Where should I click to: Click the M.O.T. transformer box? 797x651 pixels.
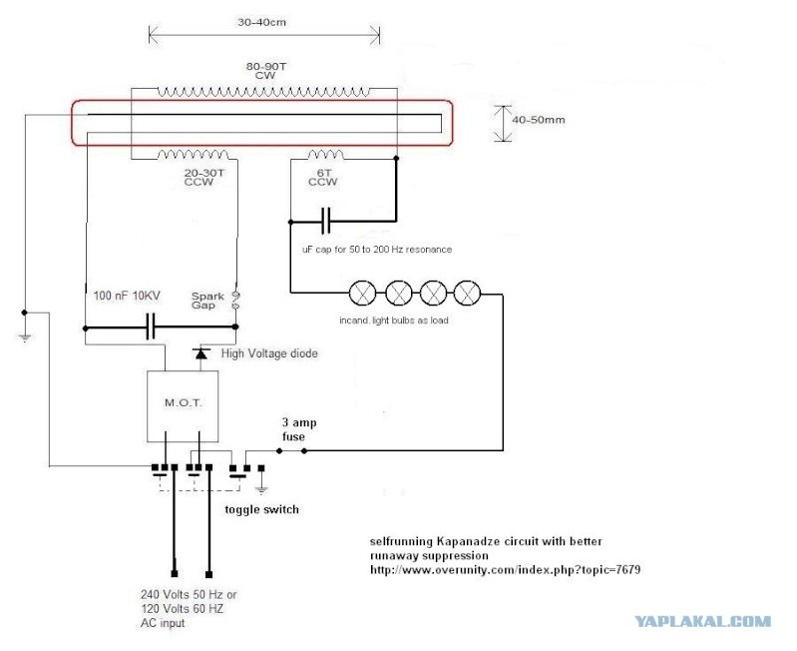(x=183, y=405)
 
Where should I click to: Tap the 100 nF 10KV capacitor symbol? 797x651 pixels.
(x=151, y=327)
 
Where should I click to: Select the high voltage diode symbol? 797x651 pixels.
(x=201, y=352)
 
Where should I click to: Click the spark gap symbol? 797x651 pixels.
(x=235, y=301)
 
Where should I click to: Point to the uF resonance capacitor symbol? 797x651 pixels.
(x=326, y=221)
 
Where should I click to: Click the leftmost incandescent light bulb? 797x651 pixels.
(x=363, y=293)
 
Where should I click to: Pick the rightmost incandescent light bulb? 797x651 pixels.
(x=467, y=293)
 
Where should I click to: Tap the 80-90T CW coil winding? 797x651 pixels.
(x=263, y=92)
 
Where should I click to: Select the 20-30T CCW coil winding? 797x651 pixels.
(x=194, y=154)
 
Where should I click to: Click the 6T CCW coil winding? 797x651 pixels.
(x=325, y=154)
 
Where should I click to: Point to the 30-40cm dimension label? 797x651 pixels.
(x=261, y=22)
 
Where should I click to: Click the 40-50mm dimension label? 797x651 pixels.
(x=539, y=120)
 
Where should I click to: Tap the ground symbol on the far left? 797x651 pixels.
(x=24, y=337)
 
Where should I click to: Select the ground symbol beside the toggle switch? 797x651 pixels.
(x=261, y=490)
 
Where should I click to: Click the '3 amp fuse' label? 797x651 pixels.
(x=299, y=429)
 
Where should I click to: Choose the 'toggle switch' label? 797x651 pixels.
(x=261, y=509)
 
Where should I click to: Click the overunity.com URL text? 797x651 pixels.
(x=506, y=569)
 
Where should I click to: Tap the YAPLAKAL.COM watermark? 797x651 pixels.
(x=703, y=621)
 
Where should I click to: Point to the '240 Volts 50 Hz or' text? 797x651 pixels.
(x=189, y=594)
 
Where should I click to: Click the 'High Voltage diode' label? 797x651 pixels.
(x=269, y=353)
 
